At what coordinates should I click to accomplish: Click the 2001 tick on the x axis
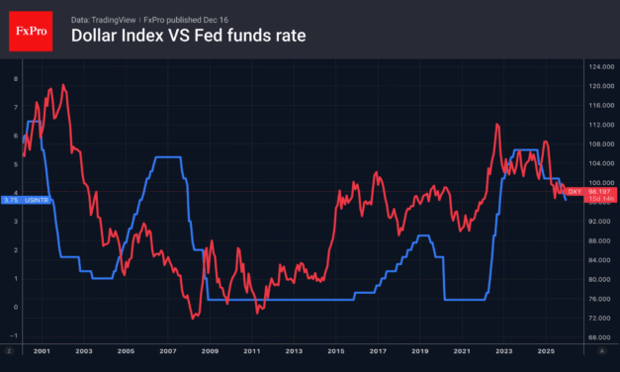point(43,351)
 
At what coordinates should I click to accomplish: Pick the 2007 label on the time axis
point(167,351)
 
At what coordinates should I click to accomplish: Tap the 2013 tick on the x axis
point(293,351)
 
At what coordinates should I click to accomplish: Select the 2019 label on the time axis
point(419,351)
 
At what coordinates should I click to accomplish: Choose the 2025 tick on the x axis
point(545,351)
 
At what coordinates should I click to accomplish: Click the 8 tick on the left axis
point(15,77)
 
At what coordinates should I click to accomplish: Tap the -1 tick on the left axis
point(15,336)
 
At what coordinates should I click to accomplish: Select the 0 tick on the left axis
point(15,308)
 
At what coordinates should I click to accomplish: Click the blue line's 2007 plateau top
point(168,157)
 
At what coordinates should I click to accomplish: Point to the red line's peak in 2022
point(496,124)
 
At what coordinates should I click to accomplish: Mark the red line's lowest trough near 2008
point(193,318)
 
